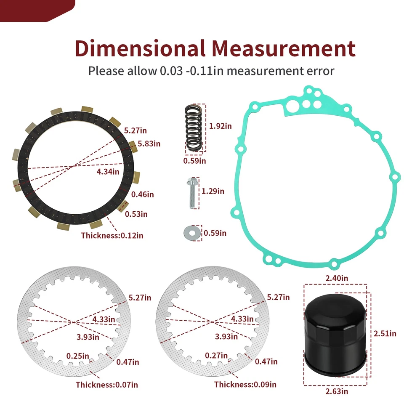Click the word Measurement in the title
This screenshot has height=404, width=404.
pyautogui.click(x=284, y=48)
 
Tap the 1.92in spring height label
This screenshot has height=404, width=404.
pyautogui.click(x=220, y=126)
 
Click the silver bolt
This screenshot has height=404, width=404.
pyautogui.click(x=192, y=193)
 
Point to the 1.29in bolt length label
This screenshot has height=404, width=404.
pyautogui.click(x=213, y=191)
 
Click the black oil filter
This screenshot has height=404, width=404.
pyautogui.click(x=335, y=335)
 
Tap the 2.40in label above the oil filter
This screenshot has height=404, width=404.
pyautogui.click(x=337, y=278)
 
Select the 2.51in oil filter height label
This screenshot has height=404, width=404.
pyautogui.click(x=385, y=334)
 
